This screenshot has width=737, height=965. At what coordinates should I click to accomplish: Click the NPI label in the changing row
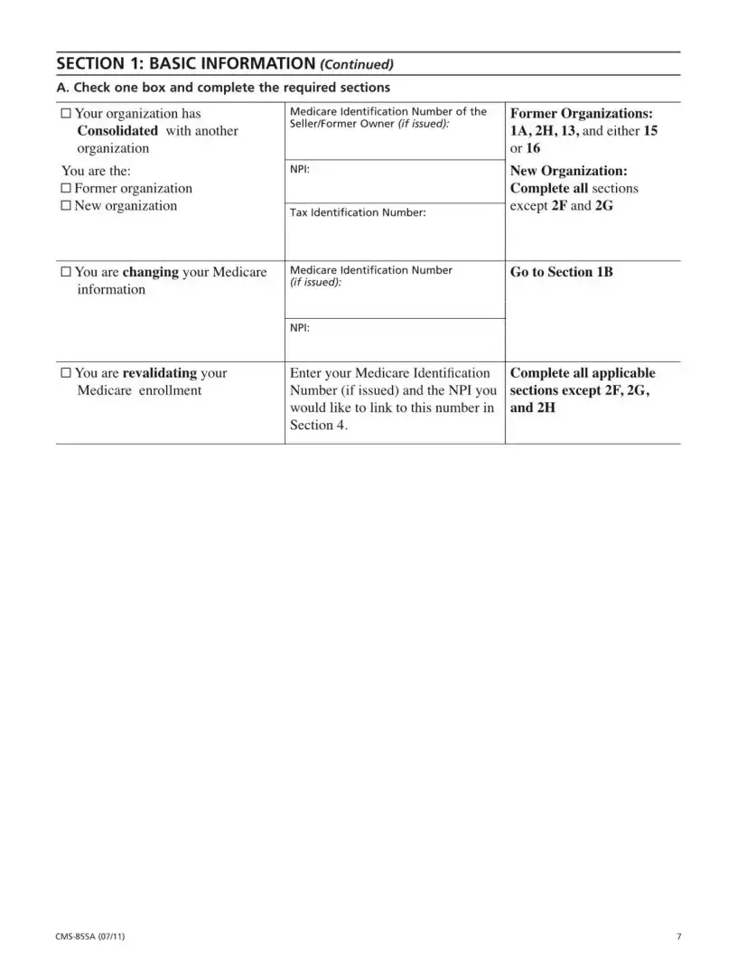click(300, 328)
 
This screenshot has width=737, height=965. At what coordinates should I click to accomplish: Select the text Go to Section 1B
click(561, 272)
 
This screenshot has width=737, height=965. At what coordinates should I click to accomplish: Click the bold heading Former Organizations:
click(582, 114)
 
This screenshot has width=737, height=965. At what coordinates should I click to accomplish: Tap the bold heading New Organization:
click(568, 171)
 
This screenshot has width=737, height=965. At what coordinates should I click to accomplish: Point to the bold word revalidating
click(160, 373)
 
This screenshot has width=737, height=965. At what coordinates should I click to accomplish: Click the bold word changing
click(150, 272)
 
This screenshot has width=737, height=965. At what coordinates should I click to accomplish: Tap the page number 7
click(678, 936)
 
